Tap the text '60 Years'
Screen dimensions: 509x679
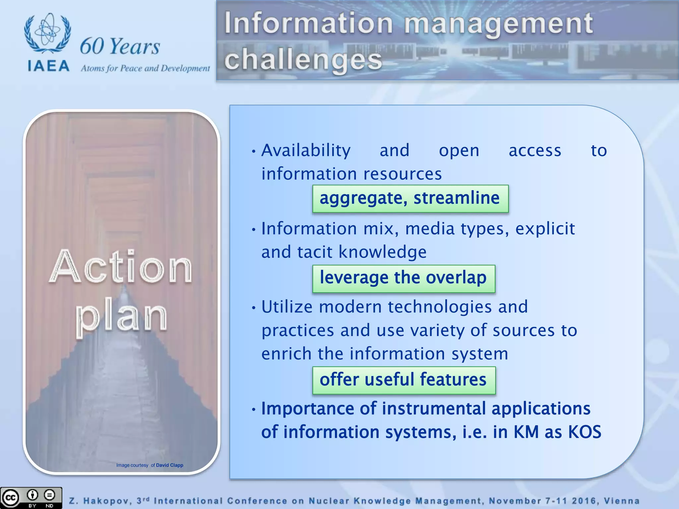(x=120, y=46)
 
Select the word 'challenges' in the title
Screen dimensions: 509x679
(x=303, y=60)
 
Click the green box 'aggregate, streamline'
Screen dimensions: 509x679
(x=410, y=198)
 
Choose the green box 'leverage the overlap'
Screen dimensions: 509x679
(x=403, y=278)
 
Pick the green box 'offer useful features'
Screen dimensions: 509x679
(x=403, y=380)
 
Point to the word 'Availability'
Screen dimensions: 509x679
(x=306, y=151)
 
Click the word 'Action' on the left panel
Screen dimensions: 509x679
(x=121, y=267)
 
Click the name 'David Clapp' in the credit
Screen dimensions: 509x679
(x=169, y=465)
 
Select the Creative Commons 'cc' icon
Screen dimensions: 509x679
(x=10, y=498)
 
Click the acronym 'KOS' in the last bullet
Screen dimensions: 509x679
(x=585, y=432)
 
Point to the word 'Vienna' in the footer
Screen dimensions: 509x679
(x=621, y=501)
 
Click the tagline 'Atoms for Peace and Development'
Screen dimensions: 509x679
(x=145, y=69)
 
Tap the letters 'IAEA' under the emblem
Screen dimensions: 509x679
(x=48, y=66)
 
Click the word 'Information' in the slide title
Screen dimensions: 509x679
(x=309, y=23)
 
